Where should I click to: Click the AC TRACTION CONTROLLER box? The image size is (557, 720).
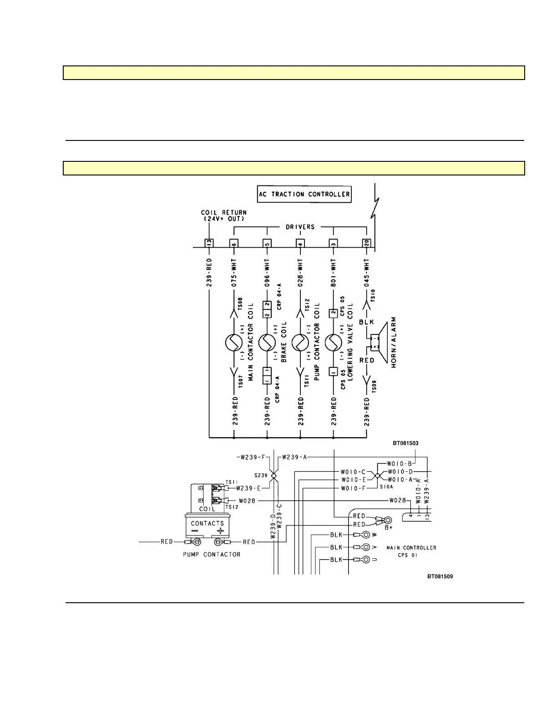304,194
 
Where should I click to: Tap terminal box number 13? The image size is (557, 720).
209,243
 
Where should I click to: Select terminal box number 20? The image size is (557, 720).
366,243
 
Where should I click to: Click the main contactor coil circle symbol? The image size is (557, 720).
234,342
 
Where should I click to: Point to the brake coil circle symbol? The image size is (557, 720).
267,342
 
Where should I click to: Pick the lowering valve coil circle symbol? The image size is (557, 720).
334,342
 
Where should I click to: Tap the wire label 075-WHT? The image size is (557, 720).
234,272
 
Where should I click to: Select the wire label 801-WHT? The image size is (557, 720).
334,272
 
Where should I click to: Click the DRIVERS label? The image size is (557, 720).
300,227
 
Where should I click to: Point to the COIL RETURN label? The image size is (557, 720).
223,212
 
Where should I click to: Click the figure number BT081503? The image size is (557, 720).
405,443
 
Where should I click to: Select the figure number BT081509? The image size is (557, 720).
440,576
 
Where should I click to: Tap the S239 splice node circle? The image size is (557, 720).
274,476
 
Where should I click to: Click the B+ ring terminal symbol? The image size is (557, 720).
388,520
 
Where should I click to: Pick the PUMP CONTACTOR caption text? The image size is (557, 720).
212,555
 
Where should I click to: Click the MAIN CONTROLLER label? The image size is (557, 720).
411,548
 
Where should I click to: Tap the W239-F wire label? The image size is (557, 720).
251,457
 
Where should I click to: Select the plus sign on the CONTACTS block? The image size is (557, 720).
220,531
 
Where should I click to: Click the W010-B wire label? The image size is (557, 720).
399,464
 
